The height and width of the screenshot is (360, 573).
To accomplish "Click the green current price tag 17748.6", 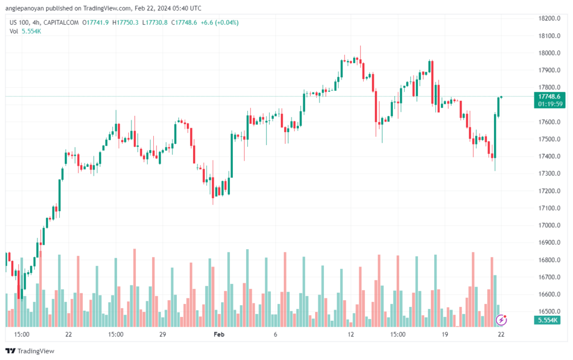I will coord(549,96).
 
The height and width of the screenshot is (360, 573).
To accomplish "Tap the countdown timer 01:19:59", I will coord(549,104).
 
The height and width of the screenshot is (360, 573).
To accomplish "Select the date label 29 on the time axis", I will coord(163,334).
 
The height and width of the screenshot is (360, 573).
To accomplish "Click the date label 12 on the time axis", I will coord(351,334).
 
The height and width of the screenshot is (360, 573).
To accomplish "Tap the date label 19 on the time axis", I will coord(444,334).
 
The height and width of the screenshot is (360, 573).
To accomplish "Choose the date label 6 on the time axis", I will coord(275,334).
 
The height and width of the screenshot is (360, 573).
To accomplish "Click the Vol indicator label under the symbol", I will coord(14,31).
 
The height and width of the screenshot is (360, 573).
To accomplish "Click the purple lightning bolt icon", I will coord(502,320).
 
